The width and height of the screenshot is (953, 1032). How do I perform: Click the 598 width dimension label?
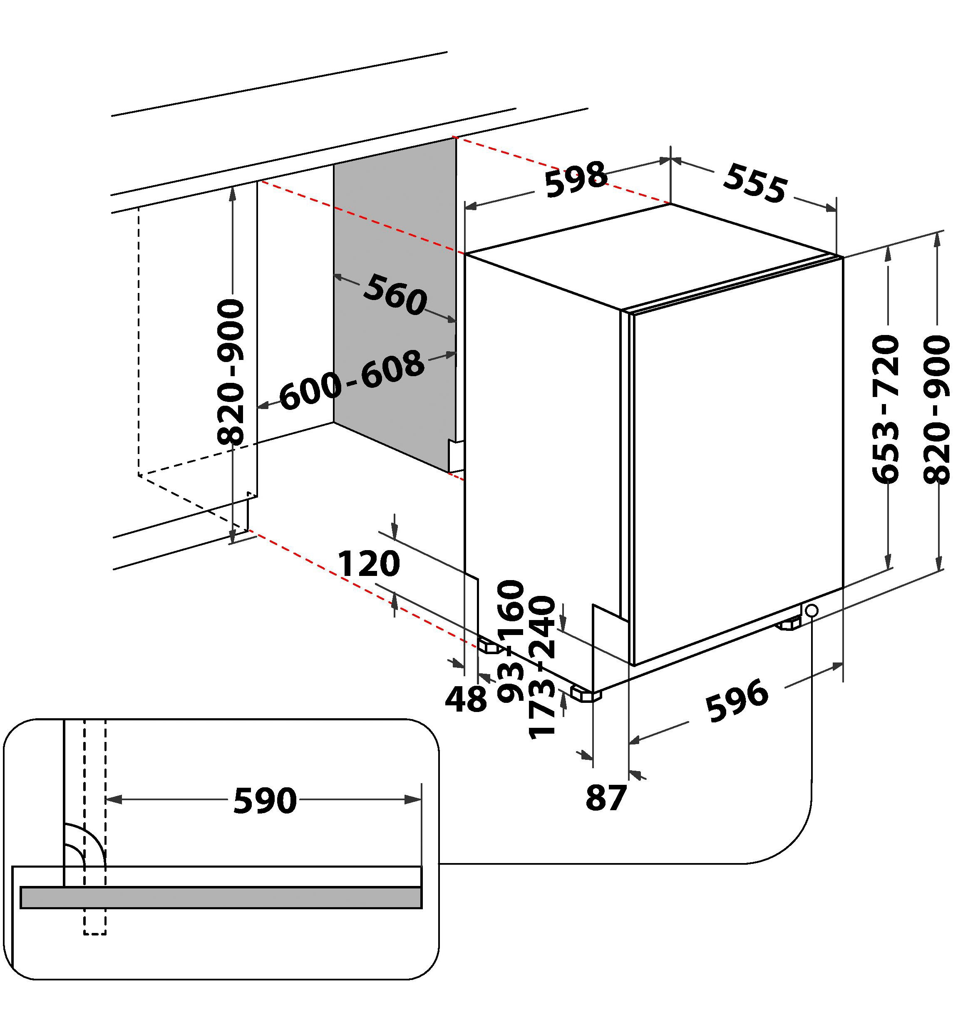576,179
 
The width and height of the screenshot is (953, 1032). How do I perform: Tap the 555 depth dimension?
755,183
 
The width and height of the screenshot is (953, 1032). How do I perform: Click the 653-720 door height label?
886,409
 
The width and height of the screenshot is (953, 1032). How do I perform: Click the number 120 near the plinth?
369,564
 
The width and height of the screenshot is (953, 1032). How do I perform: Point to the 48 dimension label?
466,700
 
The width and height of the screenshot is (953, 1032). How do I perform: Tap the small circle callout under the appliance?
811,610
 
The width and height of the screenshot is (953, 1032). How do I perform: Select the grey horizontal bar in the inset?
221,898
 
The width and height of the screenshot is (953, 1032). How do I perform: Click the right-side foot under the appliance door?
789,625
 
